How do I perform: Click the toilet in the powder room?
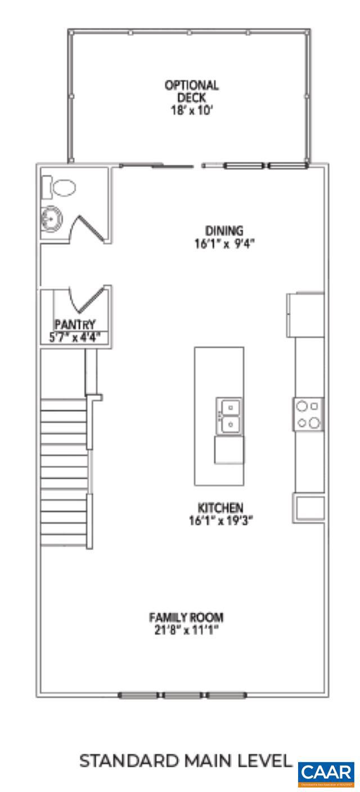[x=62, y=187]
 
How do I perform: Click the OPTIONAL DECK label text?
[x=191, y=91]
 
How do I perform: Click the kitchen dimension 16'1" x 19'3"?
[x=220, y=520]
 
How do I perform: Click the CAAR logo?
[x=326, y=773]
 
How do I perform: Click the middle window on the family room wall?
[x=183, y=695]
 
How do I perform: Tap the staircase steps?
[x=64, y=472]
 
